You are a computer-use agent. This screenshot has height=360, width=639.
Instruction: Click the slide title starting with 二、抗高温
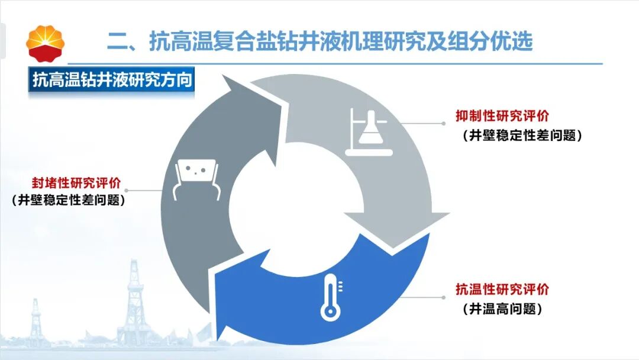point(320,41)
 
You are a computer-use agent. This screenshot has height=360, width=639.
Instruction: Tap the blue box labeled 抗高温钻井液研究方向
point(111,79)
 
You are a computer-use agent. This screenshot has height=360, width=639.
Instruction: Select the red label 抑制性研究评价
point(502,116)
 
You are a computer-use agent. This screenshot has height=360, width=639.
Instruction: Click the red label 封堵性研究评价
point(76,182)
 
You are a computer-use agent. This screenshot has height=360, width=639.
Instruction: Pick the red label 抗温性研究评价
point(502,289)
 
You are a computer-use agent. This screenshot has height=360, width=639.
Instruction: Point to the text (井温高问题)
point(502,308)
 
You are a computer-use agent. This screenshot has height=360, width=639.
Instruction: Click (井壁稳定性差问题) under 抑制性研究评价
point(522,135)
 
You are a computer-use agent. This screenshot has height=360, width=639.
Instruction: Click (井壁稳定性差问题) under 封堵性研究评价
point(68,200)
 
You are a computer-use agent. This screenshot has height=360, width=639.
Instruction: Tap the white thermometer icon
point(331,297)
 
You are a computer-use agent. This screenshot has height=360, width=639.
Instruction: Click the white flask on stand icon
point(369,133)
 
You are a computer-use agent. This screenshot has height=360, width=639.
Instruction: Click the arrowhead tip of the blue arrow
point(218,339)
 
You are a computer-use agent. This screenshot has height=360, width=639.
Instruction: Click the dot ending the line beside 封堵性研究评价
point(127,191)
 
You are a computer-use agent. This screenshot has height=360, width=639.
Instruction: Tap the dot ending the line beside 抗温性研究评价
point(444,297)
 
